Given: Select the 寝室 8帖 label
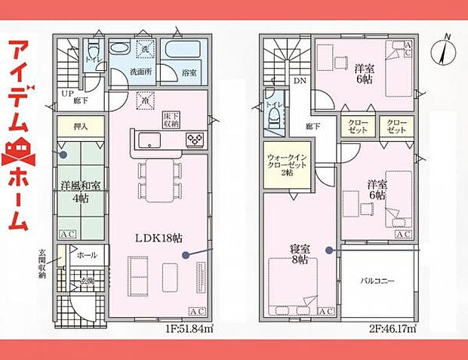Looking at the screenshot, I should click(x=299, y=254).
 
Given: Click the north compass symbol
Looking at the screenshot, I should click(x=444, y=51).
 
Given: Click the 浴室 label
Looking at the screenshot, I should click(x=189, y=72).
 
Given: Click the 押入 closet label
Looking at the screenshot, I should click(x=79, y=128).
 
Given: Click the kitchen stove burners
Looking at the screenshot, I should click(x=194, y=139).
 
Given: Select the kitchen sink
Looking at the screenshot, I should click(x=147, y=139).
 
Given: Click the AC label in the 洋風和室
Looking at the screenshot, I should click(x=66, y=234).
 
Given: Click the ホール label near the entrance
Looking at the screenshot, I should click(x=86, y=256).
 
